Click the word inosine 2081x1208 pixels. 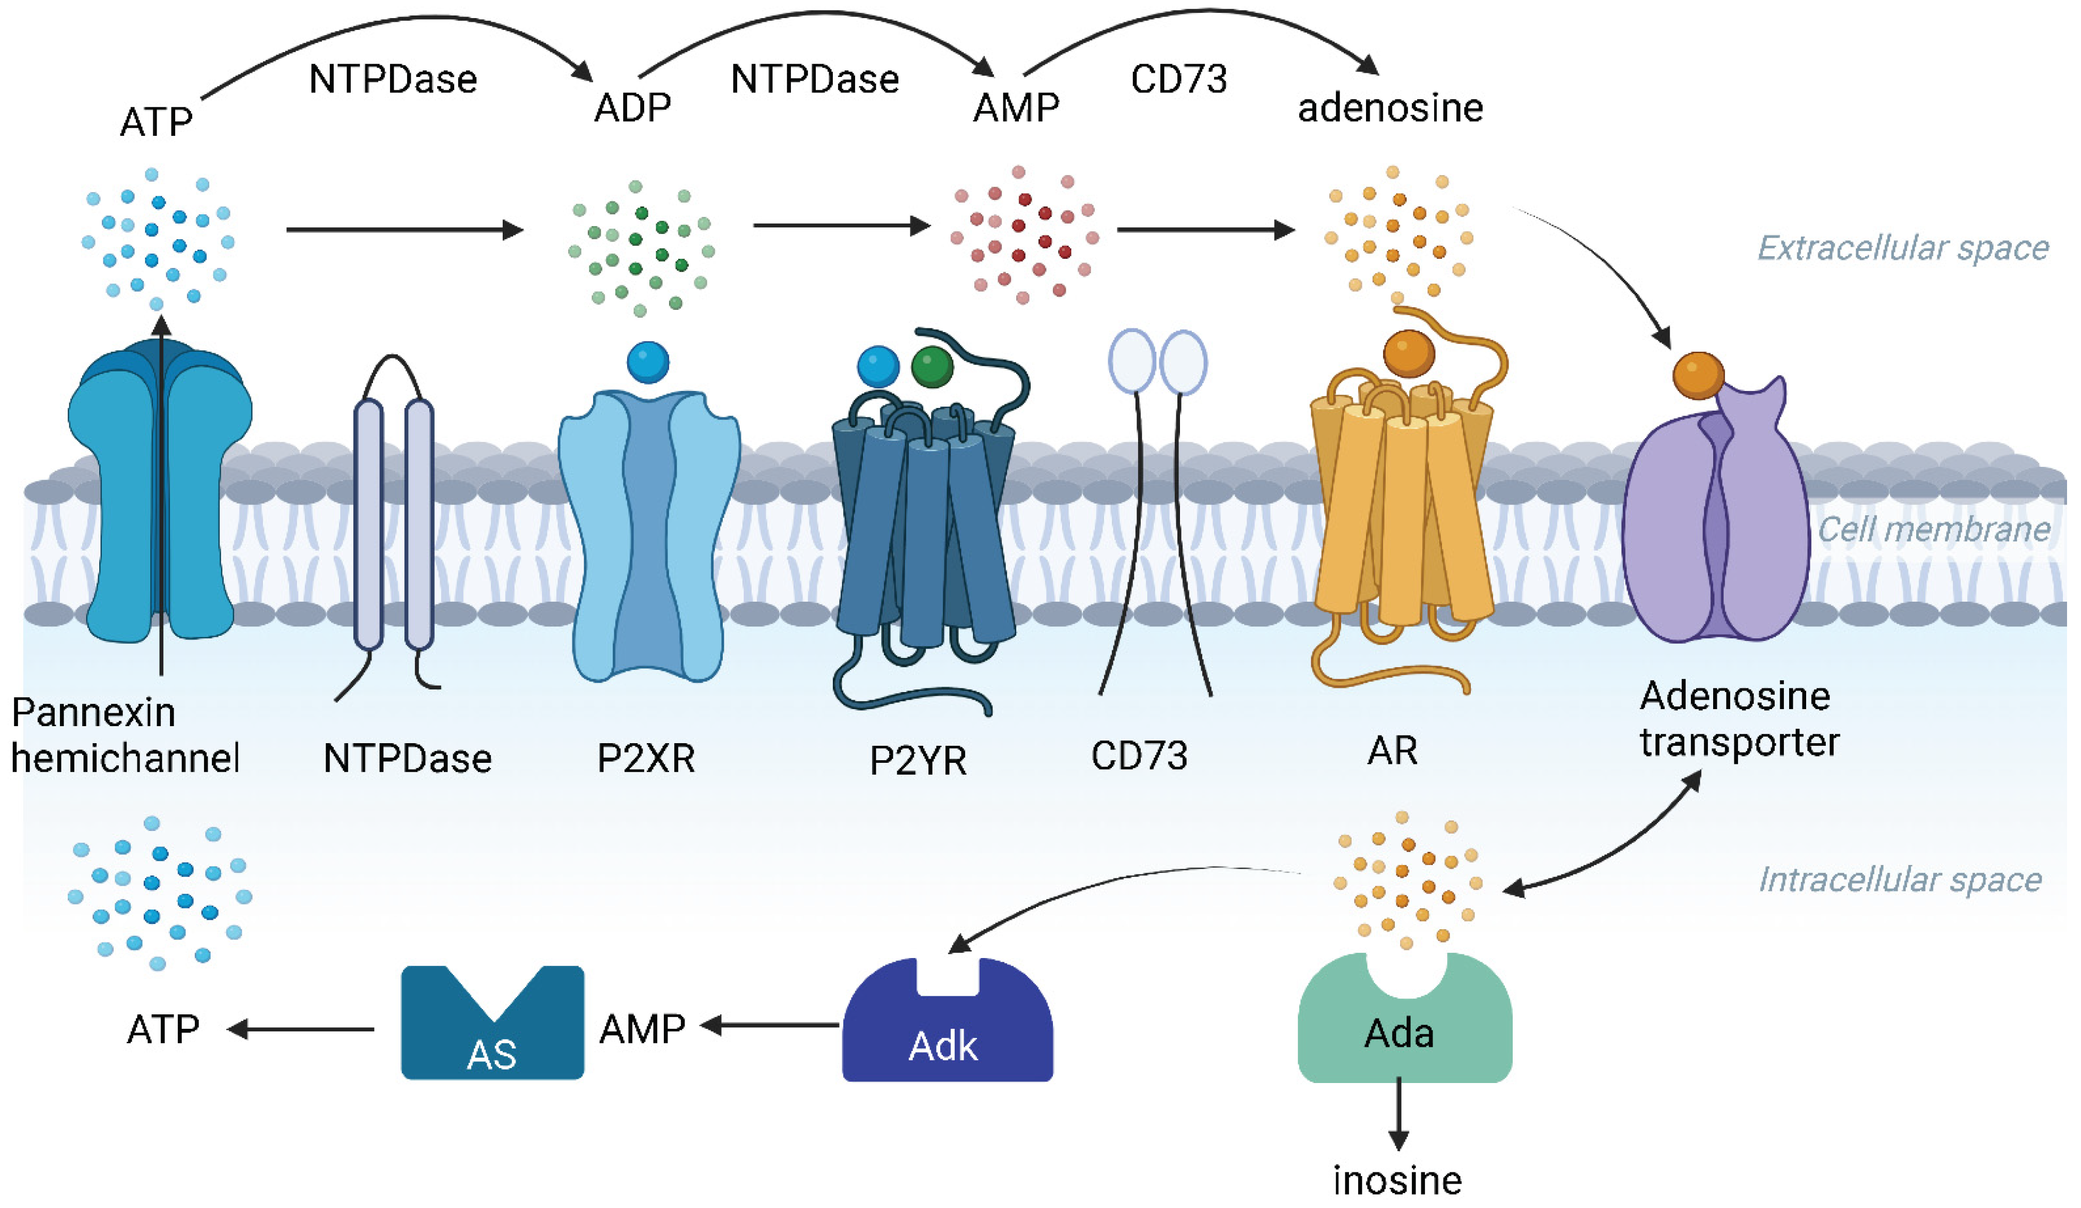pyautogui.click(x=1397, y=1180)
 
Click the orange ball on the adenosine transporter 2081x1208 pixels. pyautogui.click(x=1698, y=375)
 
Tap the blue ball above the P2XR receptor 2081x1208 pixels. pyautogui.click(x=648, y=362)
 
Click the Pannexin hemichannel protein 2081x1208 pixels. pyautogui.click(x=160, y=495)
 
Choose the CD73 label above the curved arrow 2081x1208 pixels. pyautogui.click(x=1178, y=79)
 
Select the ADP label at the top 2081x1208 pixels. pyautogui.click(x=632, y=107)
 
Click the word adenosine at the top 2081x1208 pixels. pyautogui.click(x=1391, y=107)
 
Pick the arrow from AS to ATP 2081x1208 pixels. pyautogui.click(x=301, y=1029)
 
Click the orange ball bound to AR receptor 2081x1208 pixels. pyautogui.click(x=1409, y=353)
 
